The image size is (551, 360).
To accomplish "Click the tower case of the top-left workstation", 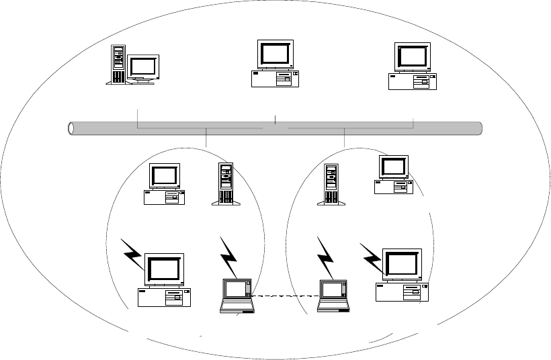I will click(118, 64).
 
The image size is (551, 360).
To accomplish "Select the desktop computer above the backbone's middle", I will click(275, 64).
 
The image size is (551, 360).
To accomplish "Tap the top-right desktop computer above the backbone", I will click(412, 66).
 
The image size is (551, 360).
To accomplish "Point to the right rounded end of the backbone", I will click(479, 128).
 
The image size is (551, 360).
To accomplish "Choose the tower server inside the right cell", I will click(331, 185).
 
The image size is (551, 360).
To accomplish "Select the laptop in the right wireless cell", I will click(333, 296).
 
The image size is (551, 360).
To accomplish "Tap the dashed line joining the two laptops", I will click(286, 294).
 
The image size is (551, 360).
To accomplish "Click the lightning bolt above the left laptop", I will click(230, 259).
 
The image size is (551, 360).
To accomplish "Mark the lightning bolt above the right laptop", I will click(326, 259).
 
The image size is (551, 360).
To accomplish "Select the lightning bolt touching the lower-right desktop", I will click(372, 259).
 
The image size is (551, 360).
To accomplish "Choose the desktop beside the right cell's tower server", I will click(393, 175).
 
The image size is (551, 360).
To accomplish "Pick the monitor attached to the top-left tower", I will click(143, 69).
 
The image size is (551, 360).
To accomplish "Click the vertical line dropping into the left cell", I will click(207, 138).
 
